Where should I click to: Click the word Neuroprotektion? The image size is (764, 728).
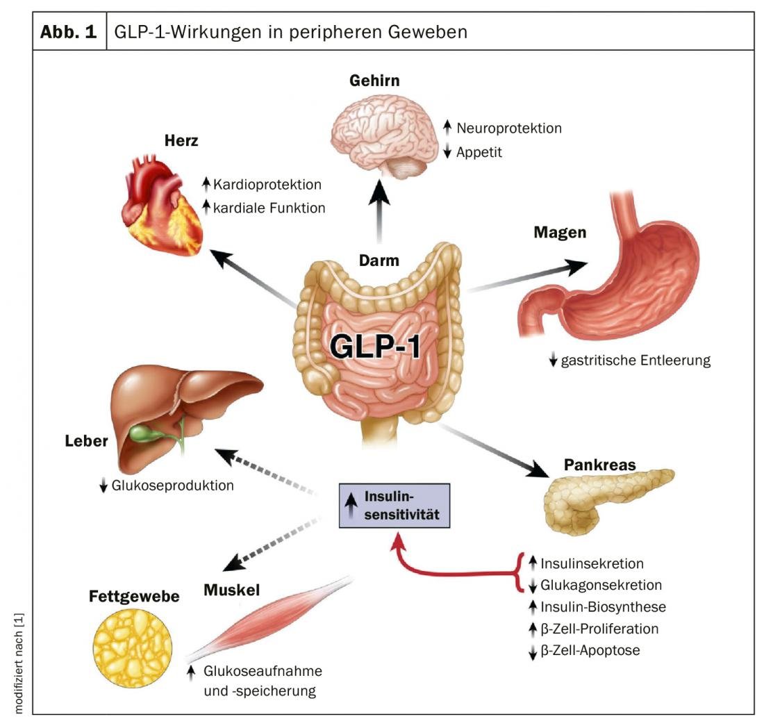click(508, 128)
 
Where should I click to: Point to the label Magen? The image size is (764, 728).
click(560, 232)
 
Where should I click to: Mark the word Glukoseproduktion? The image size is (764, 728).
click(172, 486)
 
